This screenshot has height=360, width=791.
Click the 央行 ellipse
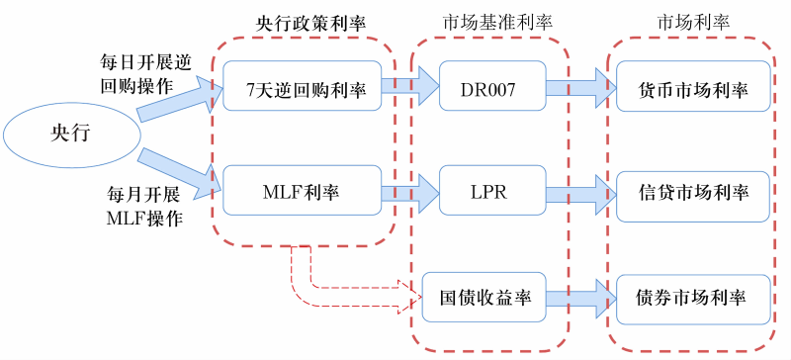70,136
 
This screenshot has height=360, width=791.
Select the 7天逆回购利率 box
301,90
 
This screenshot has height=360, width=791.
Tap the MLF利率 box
301,192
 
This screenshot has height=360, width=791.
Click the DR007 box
488,90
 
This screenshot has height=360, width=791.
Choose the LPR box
488,192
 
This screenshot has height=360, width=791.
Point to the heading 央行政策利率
301,21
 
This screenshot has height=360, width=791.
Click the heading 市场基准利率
488,21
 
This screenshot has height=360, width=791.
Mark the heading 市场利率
688,21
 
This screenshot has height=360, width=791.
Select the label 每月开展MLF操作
144,207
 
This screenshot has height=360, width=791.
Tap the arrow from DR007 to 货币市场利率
579,88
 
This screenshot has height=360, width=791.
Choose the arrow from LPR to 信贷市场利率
579,190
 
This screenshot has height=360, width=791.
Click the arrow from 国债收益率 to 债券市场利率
579,296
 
